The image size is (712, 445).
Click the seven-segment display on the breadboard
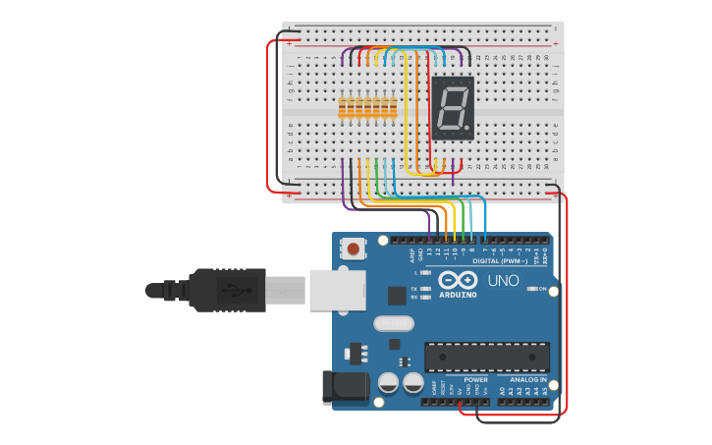(x=453, y=108)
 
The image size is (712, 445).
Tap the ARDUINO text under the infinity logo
(x=458, y=295)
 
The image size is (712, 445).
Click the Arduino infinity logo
(x=458, y=280)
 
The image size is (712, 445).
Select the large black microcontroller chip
(x=486, y=357)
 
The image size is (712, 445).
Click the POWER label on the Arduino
(x=475, y=379)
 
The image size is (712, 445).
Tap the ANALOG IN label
(x=527, y=379)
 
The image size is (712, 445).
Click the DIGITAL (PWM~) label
(x=501, y=261)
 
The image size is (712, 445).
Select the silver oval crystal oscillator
(x=391, y=323)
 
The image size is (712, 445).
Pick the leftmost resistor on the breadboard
(x=343, y=108)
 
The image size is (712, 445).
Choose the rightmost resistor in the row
(x=394, y=108)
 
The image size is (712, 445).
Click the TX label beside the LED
(x=414, y=289)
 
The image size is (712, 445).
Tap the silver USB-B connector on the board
(x=337, y=290)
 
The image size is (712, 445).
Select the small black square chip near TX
(x=397, y=295)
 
